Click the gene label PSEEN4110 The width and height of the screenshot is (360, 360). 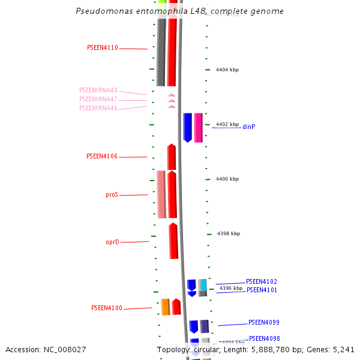(103, 47)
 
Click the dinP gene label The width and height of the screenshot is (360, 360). (249, 127)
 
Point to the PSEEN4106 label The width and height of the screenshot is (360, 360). (102, 157)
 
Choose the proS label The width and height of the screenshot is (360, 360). (112, 195)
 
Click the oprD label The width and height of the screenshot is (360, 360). (112, 242)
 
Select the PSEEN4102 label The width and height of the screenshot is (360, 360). (262, 281)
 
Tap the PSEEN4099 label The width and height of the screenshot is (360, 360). (264, 323)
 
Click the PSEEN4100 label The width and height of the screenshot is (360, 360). (107, 308)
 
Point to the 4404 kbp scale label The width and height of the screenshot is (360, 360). (227, 70)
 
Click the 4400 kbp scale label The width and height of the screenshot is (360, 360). (227, 179)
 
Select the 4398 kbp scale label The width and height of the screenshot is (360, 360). (229, 233)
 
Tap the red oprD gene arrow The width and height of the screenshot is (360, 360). (173, 241)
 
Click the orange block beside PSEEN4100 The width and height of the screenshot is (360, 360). (166, 307)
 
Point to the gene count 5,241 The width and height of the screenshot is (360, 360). (344, 349)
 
